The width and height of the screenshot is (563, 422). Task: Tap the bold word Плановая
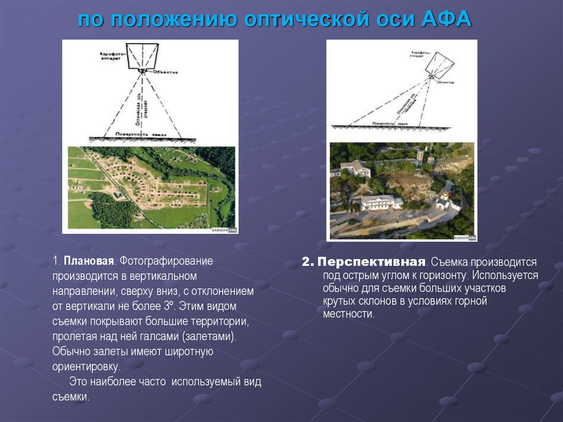click(89, 260)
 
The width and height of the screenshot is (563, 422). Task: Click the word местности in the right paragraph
click(348, 314)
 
